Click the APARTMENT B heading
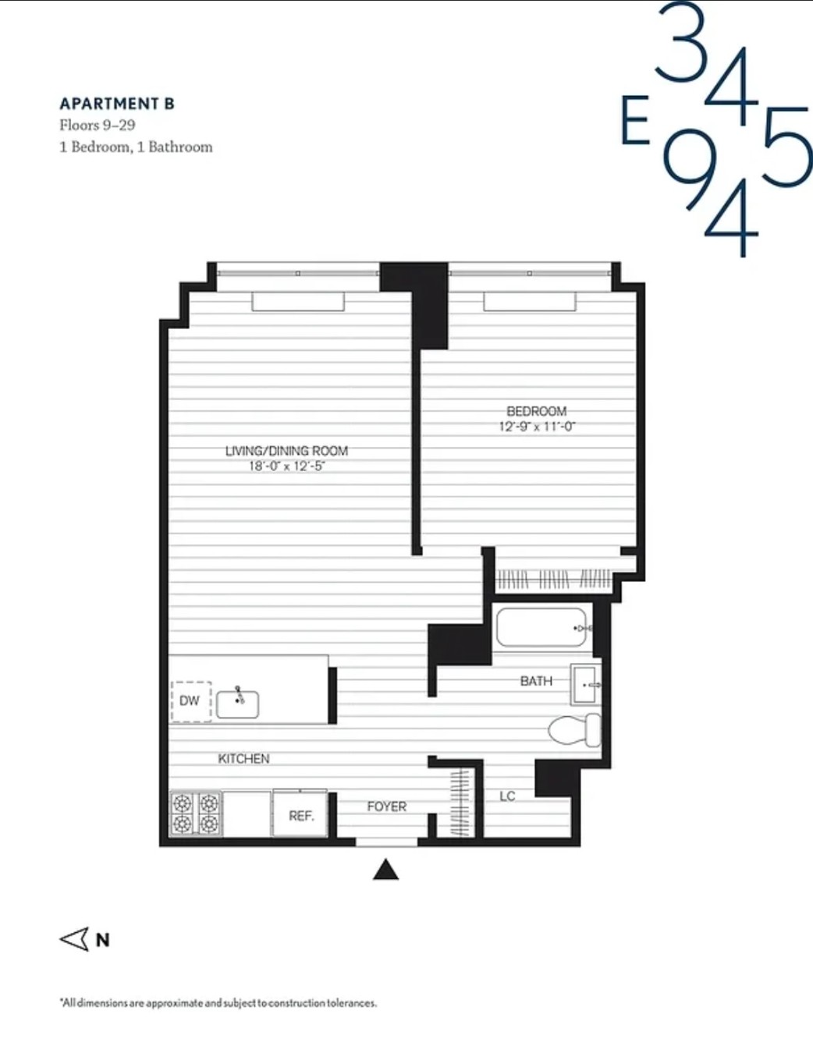click(117, 104)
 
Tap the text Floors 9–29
click(98, 125)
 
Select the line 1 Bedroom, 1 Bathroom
click(136, 147)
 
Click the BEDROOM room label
click(537, 411)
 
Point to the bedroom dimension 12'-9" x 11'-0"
click(537, 427)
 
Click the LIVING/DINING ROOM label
click(286, 451)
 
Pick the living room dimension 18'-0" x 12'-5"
click(286, 466)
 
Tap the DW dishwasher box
click(190, 700)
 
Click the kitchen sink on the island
click(238, 704)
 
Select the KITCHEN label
click(243, 758)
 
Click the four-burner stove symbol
click(196, 814)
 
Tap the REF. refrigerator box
click(300, 815)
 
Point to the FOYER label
click(387, 807)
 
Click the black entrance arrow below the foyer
click(385, 870)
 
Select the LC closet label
click(507, 796)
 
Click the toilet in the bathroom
click(576, 730)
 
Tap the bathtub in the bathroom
click(541, 628)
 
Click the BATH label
click(536, 681)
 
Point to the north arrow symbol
click(76, 939)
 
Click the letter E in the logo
click(636, 121)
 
